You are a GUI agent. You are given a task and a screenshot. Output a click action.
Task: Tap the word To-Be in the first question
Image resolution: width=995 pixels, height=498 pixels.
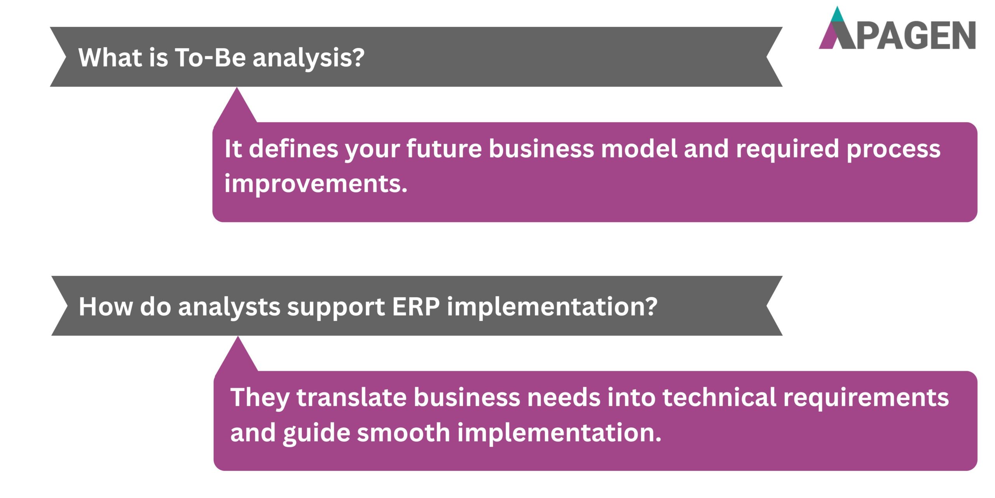tap(210, 58)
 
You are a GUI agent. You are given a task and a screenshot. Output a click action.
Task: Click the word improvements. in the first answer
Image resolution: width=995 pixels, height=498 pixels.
tap(316, 183)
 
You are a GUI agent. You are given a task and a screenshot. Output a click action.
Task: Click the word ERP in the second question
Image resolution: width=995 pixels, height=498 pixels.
tap(415, 307)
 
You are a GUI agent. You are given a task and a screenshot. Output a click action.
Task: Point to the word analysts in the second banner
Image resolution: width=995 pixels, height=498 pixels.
tap(229, 307)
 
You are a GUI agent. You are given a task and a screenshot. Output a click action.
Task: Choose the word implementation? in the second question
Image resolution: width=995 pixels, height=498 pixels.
tap(552, 307)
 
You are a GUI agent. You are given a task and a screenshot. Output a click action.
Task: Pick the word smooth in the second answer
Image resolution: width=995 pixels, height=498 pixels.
tap(403, 433)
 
